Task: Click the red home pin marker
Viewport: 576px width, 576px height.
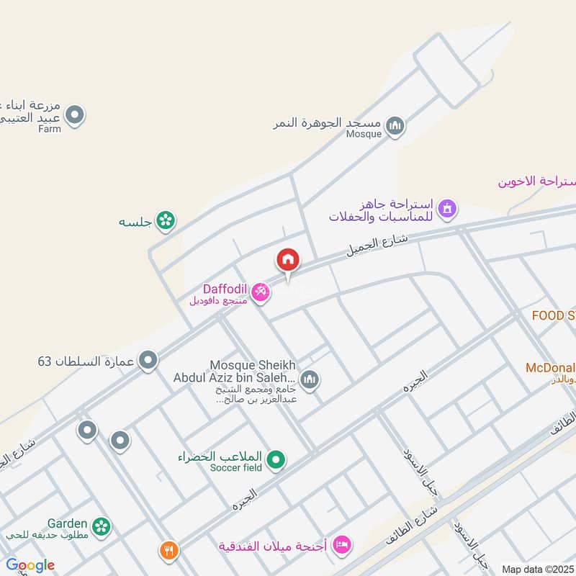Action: coord(287,260)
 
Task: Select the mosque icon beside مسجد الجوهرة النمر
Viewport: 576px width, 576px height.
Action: coord(395,127)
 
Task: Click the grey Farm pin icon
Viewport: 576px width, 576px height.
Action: coord(75,114)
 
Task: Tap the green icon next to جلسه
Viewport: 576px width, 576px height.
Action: coord(166,221)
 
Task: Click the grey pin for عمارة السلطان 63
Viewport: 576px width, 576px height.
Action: coord(148,359)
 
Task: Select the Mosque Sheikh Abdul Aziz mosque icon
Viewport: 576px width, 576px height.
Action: coord(310,379)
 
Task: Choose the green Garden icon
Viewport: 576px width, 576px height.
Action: coord(102,526)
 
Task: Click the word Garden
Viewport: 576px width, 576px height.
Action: coord(68,523)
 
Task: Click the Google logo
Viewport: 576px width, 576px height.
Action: coord(30,565)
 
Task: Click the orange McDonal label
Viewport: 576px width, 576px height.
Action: coord(550,368)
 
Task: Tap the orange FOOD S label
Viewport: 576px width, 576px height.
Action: coord(553,315)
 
